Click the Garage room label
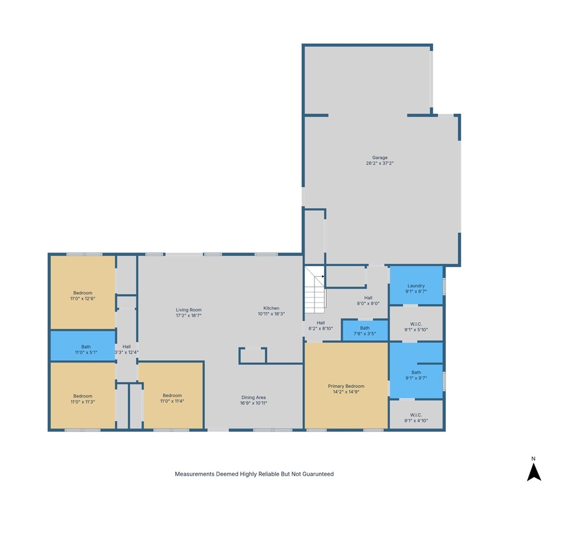tap(380, 158)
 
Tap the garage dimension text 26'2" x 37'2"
tap(380, 164)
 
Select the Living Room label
tap(189, 310)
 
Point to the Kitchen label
tap(271, 308)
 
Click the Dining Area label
tap(254, 398)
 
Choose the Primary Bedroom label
tap(346, 386)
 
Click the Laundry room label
tap(416, 286)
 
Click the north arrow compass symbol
tap(534, 473)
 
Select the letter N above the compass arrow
tap(534, 459)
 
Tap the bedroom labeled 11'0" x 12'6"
tap(82, 295)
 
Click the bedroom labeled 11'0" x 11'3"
tap(82, 399)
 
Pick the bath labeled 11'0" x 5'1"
tap(82, 350)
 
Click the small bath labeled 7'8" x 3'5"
tap(365, 331)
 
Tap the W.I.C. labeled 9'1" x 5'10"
tap(416, 326)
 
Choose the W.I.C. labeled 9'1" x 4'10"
tap(416, 417)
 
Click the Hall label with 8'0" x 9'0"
tap(368, 300)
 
